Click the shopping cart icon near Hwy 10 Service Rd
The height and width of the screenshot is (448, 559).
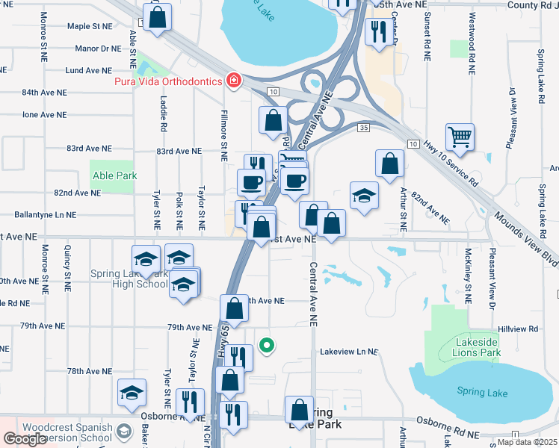tap(460, 137)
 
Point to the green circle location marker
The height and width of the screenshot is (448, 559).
tap(266, 345)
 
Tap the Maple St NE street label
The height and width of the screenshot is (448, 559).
tap(89, 26)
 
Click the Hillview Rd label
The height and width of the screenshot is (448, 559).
tap(518, 329)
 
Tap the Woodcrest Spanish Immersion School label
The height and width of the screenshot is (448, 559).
tap(67, 432)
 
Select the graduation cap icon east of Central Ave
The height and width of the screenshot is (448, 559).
tap(364, 196)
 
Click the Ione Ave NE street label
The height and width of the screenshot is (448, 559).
tap(44, 115)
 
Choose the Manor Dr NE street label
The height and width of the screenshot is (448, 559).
tap(98, 49)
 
